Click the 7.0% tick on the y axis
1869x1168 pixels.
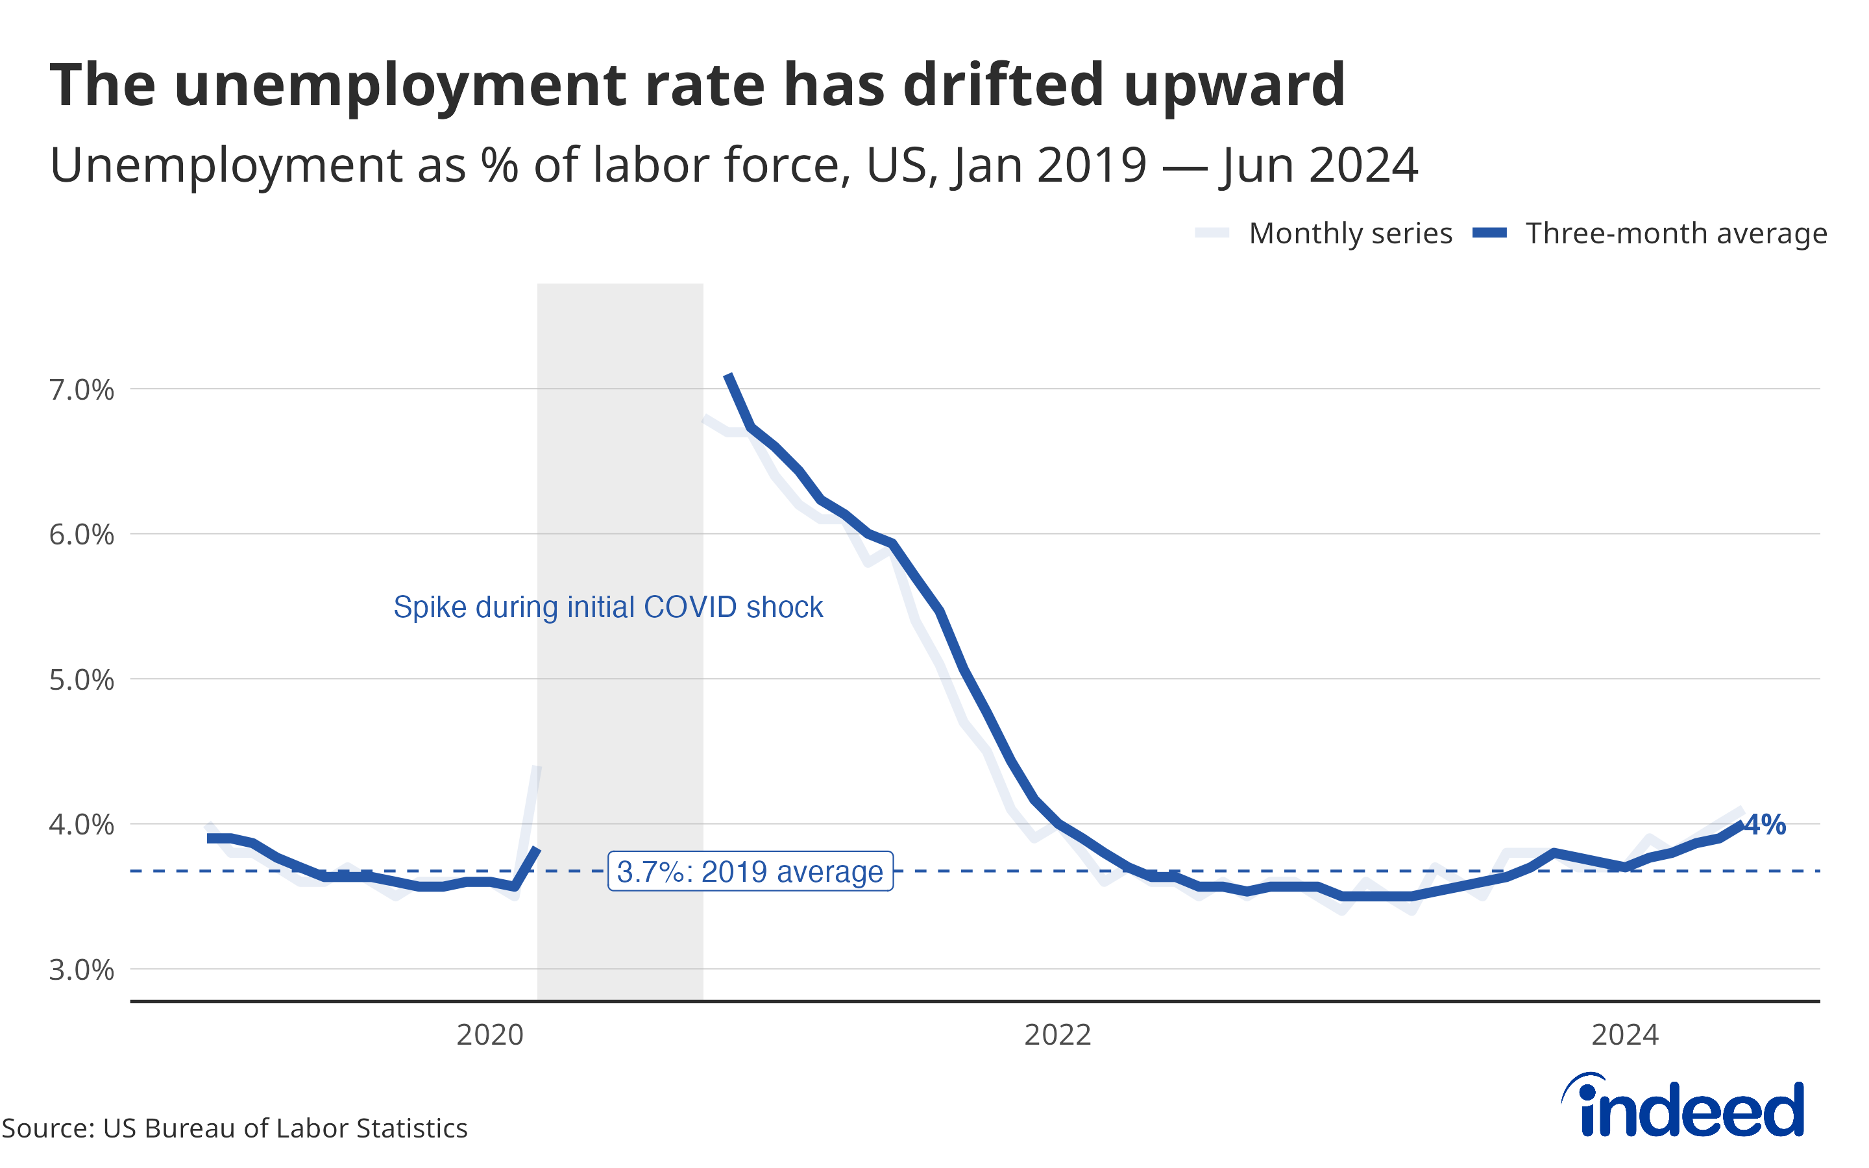[81, 390]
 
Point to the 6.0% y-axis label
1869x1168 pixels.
[81, 535]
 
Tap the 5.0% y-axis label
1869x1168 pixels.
[81, 680]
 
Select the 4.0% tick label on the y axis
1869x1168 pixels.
[81, 824]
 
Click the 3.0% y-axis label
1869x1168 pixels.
[81, 969]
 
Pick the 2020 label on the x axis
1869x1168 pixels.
[490, 1034]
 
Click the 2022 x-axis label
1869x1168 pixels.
[1057, 1034]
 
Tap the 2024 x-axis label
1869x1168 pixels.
[1625, 1034]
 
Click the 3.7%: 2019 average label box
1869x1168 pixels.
[750, 871]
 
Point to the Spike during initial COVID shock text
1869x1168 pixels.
[608, 607]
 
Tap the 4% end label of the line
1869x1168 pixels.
[1766, 824]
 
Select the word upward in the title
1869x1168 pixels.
[1234, 85]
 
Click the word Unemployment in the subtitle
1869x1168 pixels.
[226, 165]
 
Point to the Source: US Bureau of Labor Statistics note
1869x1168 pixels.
[235, 1128]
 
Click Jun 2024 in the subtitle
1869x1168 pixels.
[1318, 165]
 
